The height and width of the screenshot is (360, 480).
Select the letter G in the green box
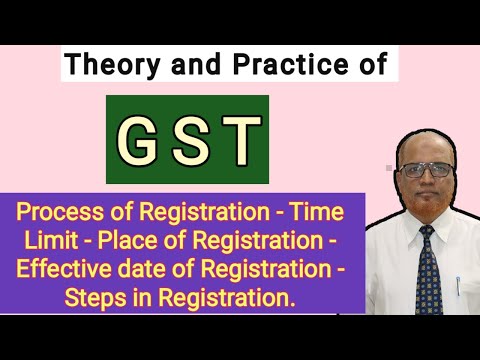click(x=141, y=140)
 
